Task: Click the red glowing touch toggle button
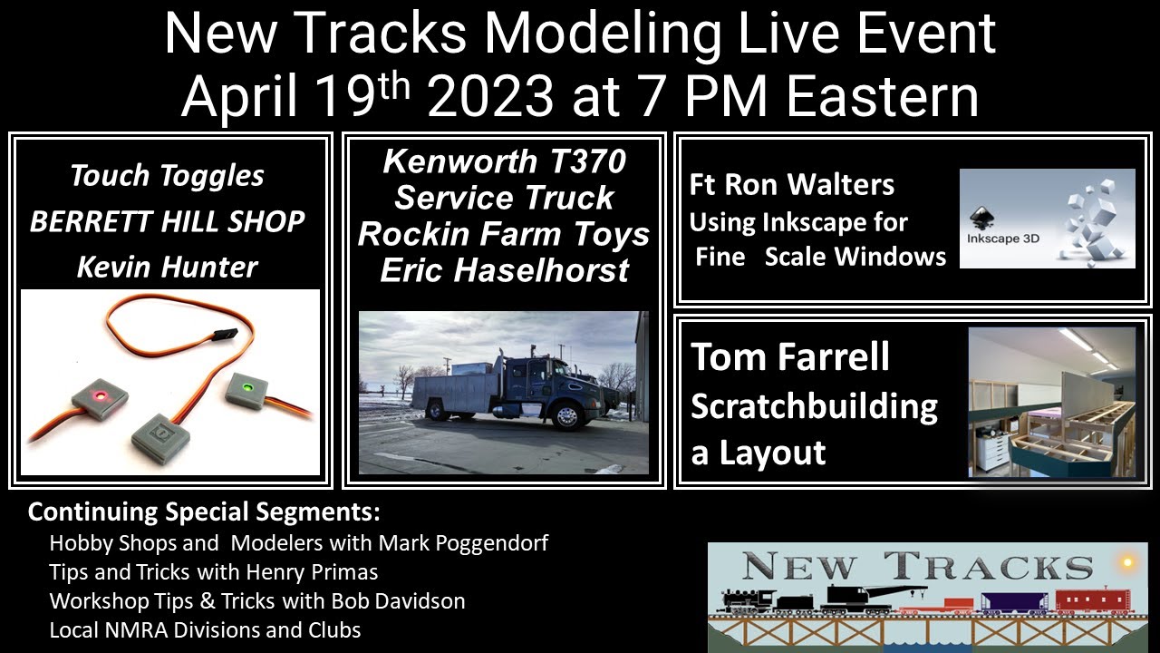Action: coord(99,396)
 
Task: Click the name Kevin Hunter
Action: coord(168,268)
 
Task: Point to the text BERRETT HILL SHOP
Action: coord(168,222)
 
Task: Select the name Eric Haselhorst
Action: coord(505,270)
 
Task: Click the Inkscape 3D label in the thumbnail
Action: coord(1003,239)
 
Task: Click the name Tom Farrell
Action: coord(789,357)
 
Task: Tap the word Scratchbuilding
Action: coord(815,407)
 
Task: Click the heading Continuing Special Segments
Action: coord(204,512)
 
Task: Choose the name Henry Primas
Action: coord(312,572)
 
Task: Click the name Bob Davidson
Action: coord(398,601)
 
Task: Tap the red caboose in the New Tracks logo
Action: coord(1093,600)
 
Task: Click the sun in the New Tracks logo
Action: coord(1126,561)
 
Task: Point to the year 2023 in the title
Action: coord(490,97)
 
